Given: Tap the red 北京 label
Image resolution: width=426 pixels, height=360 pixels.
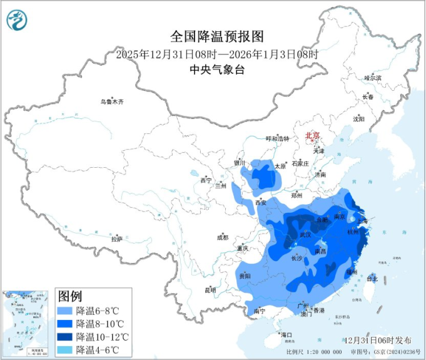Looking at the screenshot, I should (312, 135).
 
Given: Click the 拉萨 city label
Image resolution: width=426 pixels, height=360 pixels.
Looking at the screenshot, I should (116, 239).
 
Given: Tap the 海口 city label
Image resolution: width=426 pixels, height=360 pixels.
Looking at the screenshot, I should (287, 335).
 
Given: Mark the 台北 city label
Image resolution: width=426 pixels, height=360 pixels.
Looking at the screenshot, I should (372, 278).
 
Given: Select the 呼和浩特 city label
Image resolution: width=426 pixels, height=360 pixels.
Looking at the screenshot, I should (278, 138).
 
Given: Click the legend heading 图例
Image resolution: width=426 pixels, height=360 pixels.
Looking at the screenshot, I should (70, 296).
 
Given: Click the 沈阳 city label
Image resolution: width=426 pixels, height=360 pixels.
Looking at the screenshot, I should (358, 118).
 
